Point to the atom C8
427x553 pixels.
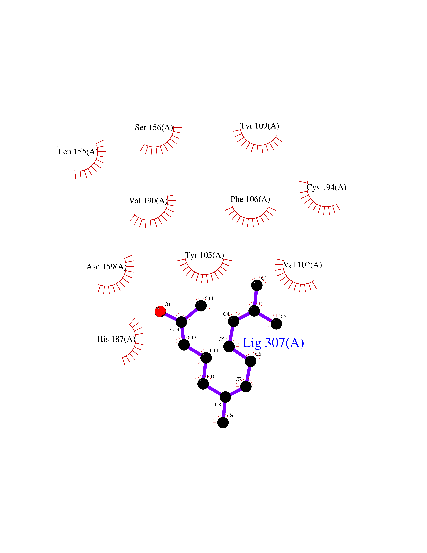pyautogui.click(x=225, y=397)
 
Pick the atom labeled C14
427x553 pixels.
pyautogui.click(x=201, y=306)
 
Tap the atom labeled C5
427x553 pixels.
pyautogui.click(x=229, y=346)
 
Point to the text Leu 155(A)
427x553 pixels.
pyautogui.click(x=78, y=152)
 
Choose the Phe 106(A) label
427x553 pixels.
pyautogui.click(x=250, y=199)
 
